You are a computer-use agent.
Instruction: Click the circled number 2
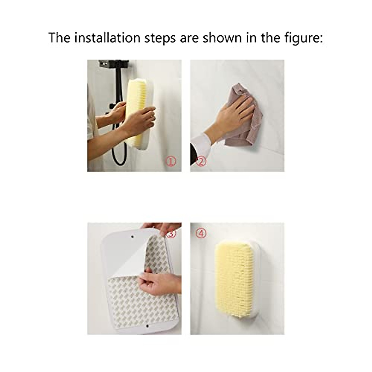201,161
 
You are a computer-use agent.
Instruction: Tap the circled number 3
171,233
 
